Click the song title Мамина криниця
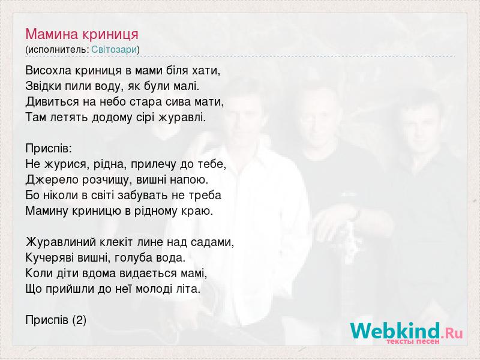click(x=82, y=34)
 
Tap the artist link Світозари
click(x=114, y=50)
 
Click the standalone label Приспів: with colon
click(x=49, y=149)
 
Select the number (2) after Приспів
click(x=79, y=320)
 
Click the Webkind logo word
click(x=395, y=331)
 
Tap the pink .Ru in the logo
click(x=452, y=333)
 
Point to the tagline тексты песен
click(x=413, y=341)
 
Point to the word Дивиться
click(x=52, y=101)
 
